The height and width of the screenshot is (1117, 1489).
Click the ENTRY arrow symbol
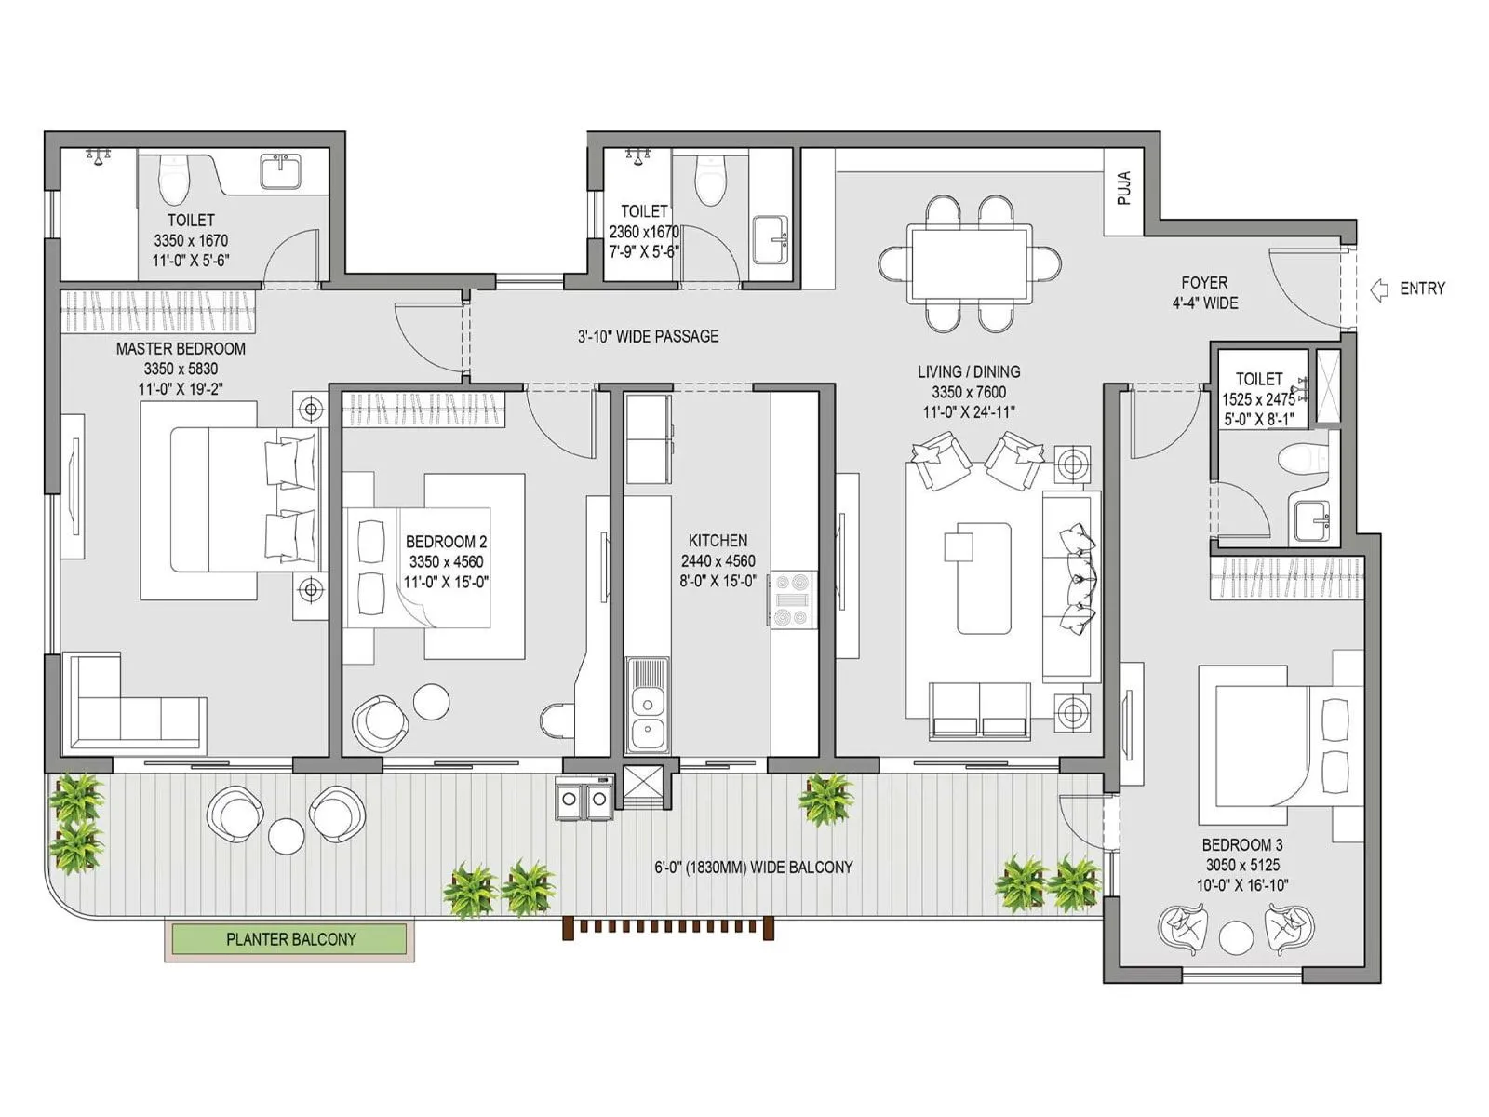click(x=1379, y=289)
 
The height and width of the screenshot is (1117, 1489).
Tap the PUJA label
click(x=1124, y=188)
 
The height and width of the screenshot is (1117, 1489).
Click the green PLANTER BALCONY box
click(x=290, y=939)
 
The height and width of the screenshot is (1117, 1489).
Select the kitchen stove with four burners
click(x=792, y=599)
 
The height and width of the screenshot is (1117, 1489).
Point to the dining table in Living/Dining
click(x=970, y=264)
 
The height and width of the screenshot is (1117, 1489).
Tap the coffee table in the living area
click(x=983, y=577)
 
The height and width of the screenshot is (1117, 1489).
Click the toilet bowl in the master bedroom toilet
click(x=174, y=180)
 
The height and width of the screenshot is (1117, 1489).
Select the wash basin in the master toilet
click(x=280, y=172)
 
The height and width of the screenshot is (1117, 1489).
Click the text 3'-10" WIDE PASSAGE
click(x=648, y=336)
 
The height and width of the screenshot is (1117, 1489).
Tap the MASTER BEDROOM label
click(x=181, y=349)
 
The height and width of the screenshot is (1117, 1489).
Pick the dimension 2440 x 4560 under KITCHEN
click(x=718, y=560)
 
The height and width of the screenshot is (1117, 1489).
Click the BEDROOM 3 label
click(x=1241, y=845)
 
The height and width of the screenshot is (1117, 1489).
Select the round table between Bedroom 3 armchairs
click(x=1236, y=937)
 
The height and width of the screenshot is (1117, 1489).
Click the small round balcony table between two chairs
click(x=286, y=835)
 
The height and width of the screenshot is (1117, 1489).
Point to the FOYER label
click(x=1204, y=282)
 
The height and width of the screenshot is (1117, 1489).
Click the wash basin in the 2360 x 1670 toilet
click(x=770, y=241)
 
